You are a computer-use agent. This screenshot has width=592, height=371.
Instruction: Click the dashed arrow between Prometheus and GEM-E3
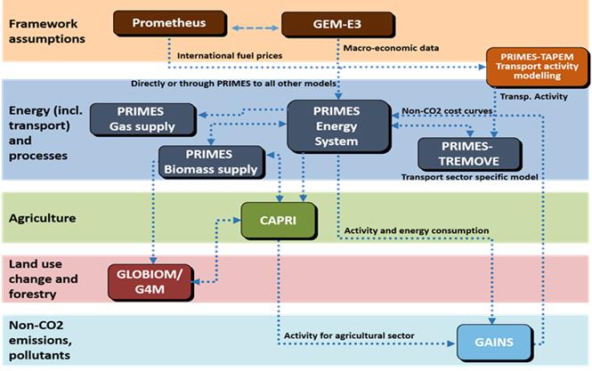[247, 28]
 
